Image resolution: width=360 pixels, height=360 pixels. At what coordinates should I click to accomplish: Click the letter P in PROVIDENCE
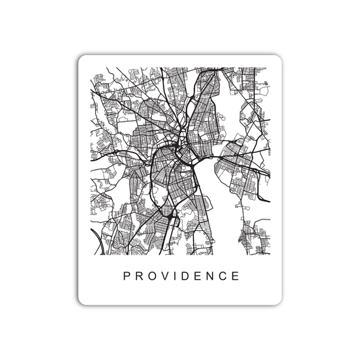point(126,276)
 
